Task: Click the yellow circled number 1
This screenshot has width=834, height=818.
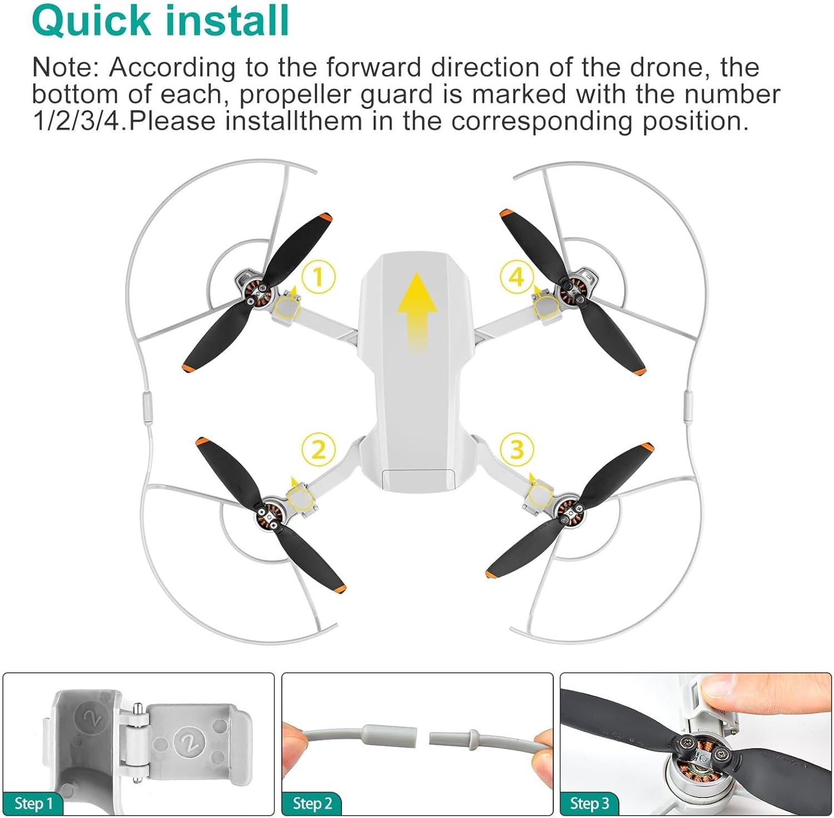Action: click(318, 277)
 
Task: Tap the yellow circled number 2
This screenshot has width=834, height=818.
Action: click(319, 449)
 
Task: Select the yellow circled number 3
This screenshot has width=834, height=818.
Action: click(517, 449)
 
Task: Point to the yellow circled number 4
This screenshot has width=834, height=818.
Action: click(517, 277)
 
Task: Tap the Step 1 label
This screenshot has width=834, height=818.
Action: click(33, 803)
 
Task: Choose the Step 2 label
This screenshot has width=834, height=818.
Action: click(312, 803)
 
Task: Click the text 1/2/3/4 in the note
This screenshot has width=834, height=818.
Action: click(76, 121)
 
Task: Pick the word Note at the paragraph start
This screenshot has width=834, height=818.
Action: click(66, 67)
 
